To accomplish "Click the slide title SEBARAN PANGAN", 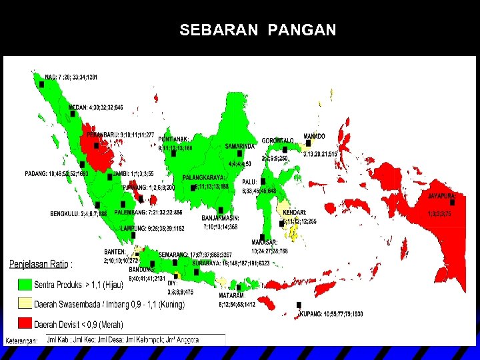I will click(257, 30).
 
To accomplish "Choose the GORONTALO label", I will click(278, 141).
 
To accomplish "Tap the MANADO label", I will click(315, 136).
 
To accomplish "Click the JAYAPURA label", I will click(442, 197).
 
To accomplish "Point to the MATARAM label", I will click(232, 295).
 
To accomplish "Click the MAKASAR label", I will click(265, 242).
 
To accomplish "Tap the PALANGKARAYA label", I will click(204, 178).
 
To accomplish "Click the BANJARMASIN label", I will click(221, 217).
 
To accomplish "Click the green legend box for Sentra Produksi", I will click(24, 283).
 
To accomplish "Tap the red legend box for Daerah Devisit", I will click(24, 323).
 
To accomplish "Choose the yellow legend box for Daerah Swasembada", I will click(24, 303).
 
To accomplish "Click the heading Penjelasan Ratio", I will click(45, 264).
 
